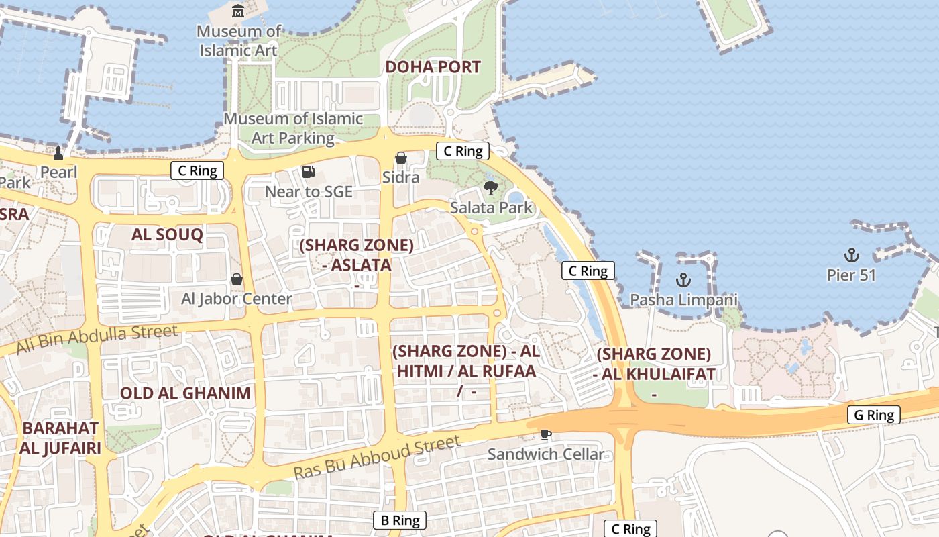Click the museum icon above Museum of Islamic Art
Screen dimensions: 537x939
point(238,11)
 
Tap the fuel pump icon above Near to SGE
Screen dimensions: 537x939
point(309,172)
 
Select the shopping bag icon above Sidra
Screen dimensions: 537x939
point(401,158)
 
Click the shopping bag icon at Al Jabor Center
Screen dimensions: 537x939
point(237,279)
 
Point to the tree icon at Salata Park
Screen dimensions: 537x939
point(491,188)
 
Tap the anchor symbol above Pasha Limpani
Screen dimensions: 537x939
point(683,280)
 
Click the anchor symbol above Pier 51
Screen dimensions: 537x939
point(851,255)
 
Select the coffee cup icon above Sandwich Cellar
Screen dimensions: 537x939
point(546,435)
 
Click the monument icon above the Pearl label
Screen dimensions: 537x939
point(58,153)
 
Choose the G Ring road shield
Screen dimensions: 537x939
point(874,415)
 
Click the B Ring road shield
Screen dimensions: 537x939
point(400,520)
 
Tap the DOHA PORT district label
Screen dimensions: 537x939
point(433,67)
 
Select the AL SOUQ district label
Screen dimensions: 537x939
point(167,234)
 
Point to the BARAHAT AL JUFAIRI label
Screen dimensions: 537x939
point(60,438)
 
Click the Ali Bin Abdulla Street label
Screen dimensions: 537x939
point(97,339)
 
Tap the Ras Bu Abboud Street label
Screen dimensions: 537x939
point(377,457)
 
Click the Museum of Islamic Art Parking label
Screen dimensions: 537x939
point(293,128)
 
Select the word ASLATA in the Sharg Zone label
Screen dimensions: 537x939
point(357,265)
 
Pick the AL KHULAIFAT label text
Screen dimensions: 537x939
point(654,374)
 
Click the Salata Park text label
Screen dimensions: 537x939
point(491,207)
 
